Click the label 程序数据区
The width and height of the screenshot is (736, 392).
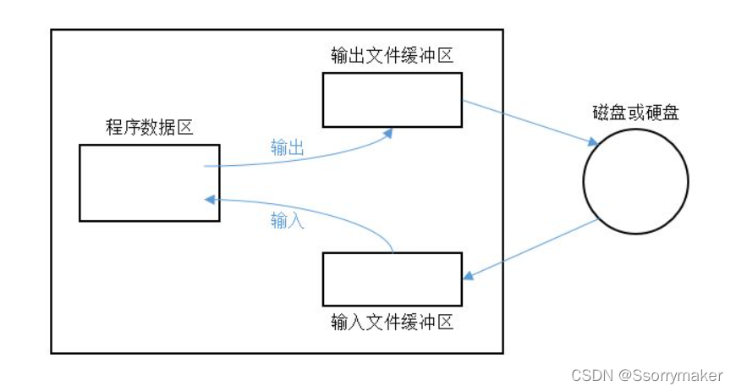(x=149, y=128)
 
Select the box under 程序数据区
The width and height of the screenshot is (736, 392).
(x=149, y=183)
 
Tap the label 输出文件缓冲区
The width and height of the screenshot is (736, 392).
(x=393, y=56)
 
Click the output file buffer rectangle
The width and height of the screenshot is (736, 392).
(x=393, y=100)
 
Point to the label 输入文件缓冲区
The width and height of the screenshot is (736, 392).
(x=393, y=323)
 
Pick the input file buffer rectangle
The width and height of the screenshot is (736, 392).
(x=393, y=279)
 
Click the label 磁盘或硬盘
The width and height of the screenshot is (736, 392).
(x=635, y=113)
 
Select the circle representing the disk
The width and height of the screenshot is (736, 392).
(x=635, y=183)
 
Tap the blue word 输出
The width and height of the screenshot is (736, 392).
(x=287, y=146)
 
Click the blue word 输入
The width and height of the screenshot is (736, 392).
(x=287, y=221)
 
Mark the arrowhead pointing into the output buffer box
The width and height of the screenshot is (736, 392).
(x=389, y=132)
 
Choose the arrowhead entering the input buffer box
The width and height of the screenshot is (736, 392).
(x=468, y=277)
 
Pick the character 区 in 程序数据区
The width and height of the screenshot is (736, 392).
(x=185, y=128)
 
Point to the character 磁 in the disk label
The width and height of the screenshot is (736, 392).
(x=601, y=113)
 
